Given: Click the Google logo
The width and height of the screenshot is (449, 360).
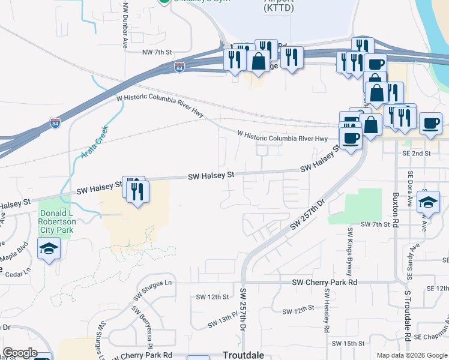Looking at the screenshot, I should (19, 353).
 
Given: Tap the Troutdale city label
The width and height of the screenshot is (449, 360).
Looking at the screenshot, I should (243, 355).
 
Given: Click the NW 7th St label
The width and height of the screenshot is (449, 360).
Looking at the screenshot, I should (157, 52).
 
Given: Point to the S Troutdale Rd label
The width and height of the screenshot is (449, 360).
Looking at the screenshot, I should (408, 315).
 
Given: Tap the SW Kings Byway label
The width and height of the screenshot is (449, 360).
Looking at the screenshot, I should (349, 251).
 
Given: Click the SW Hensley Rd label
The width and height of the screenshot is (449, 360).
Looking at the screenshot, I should (327, 311).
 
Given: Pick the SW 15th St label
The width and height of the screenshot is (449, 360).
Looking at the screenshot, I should (350, 343).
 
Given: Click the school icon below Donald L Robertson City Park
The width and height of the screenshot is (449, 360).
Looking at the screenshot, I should (49, 248).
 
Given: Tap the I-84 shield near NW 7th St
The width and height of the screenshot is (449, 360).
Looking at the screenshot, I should (179, 67).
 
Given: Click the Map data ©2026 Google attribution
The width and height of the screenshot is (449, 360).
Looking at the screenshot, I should (411, 355).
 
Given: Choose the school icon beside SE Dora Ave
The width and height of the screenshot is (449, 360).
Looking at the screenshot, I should (428, 202).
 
